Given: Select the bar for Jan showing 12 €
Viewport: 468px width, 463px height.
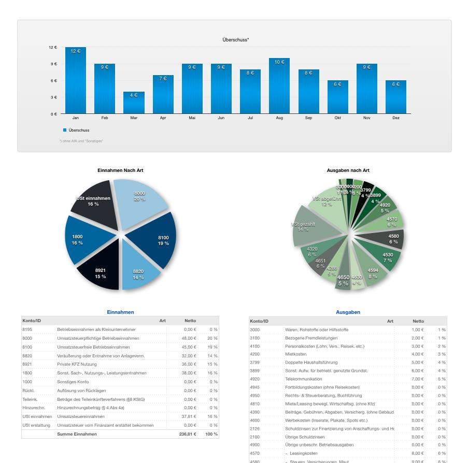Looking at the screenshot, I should (x=76, y=80).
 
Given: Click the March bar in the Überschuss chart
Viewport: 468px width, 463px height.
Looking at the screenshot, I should (x=134, y=103).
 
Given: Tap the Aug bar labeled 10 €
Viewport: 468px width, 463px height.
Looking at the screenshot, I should (x=279, y=86).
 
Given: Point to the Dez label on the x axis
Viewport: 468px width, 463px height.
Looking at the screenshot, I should (x=396, y=118).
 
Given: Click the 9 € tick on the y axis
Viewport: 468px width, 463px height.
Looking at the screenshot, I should (x=53, y=64).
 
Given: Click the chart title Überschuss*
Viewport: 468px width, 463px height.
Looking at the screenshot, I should (x=235, y=40).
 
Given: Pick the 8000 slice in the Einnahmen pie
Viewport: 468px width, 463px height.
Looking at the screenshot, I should (x=139, y=197).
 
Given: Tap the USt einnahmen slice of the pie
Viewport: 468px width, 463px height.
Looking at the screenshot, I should (x=93, y=201).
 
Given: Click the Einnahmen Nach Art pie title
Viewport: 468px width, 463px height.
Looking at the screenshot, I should (x=120, y=170).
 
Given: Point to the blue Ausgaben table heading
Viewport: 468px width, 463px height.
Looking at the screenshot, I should (x=348, y=312).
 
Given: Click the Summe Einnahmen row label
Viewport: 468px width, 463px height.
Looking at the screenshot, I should (x=77, y=434).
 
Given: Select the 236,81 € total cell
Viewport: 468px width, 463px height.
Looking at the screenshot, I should (x=188, y=434).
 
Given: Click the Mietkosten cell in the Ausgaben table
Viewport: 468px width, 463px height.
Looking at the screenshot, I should (x=295, y=354).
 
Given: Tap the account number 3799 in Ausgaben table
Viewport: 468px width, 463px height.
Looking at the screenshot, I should (x=254, y=363).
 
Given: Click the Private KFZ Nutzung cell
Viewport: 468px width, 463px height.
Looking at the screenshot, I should (x=78, y=364).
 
